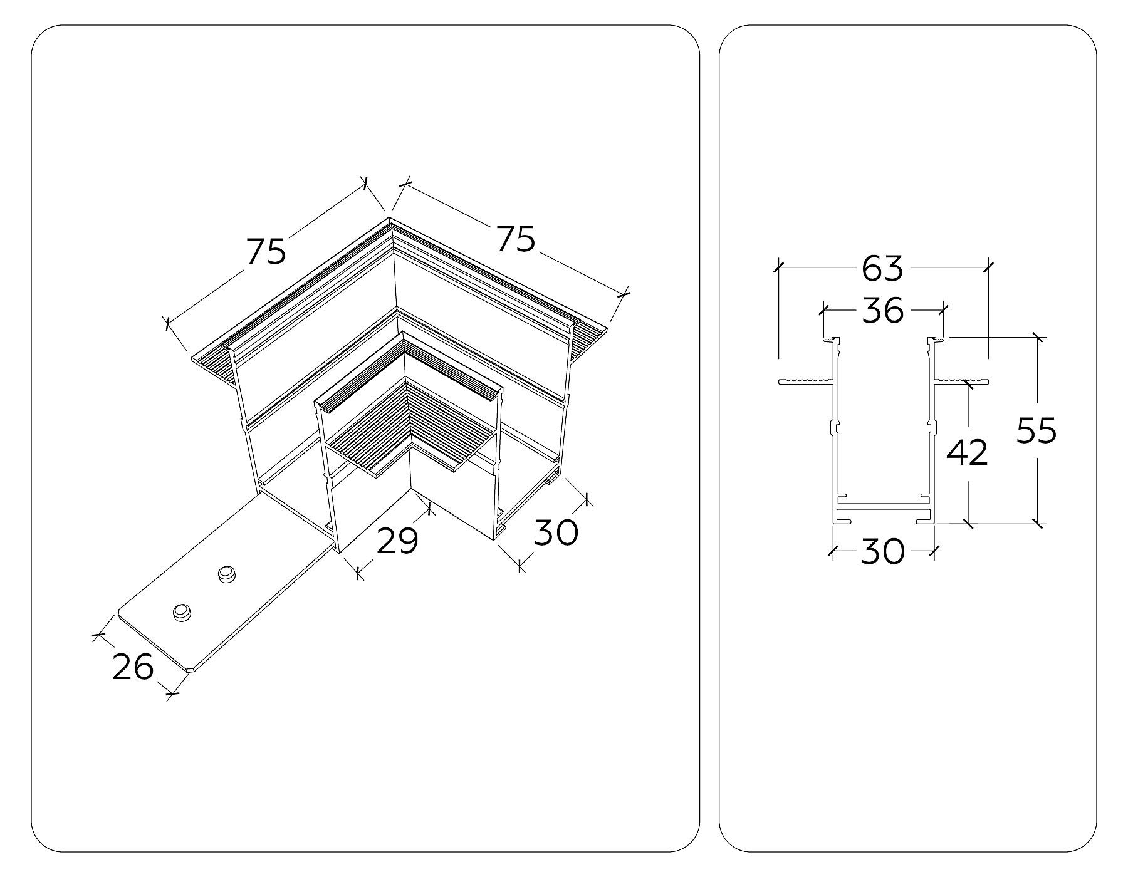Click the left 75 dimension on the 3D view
tap(266, 251)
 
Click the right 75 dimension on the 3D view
tap(516, 239)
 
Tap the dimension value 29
tap(397, 541)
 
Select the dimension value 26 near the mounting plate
tap(133, 666)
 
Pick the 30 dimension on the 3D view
tap(555, 533)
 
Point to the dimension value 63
tap(882, 268)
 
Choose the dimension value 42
tap(967, 452)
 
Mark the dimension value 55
tap(1037, 431)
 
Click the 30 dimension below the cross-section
tap(882, 552)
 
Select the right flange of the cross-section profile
tap(961, 380)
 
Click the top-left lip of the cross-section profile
tap(832, 340)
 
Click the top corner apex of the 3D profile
tap(389, 219)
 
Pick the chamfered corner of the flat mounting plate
tap(191, 670)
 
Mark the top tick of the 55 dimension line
tap(1038, 337)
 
